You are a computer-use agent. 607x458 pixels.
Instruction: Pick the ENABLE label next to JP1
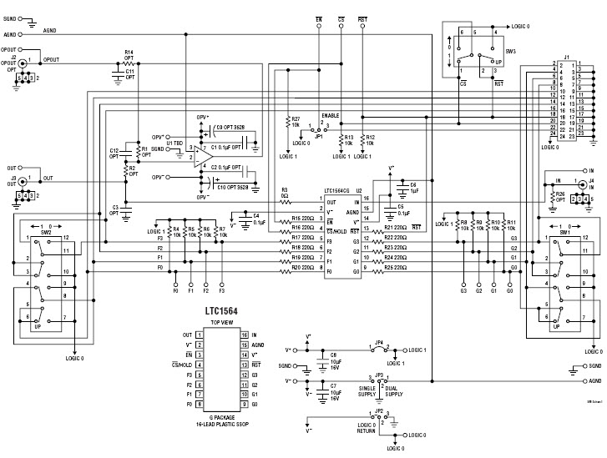coord(332,117)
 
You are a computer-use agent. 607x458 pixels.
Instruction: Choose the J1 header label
coord(568,56)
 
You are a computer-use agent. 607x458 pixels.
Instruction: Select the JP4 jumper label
coord(379,342)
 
